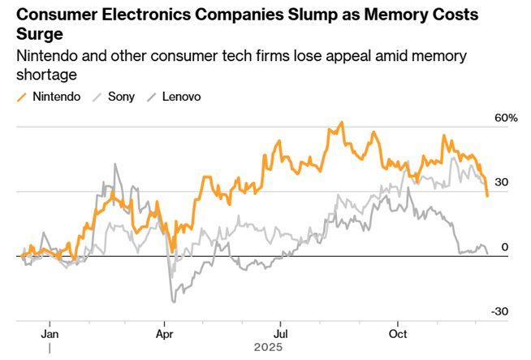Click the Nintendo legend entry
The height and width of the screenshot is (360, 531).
[x=57, y=97]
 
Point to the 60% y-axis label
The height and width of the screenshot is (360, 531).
[x=506, y=118]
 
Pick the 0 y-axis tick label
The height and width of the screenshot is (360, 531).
[x=504, y=247]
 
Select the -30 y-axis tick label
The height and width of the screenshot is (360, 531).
[x=500, y=312]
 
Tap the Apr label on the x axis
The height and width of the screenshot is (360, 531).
[x=165, y=333]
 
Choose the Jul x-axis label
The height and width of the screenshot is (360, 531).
[x=281, y=333]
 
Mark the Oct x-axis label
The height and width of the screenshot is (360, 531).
[x=398, y=333]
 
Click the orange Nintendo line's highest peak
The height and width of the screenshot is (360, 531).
[x=343, y=123]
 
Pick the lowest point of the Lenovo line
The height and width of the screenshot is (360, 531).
[x=172, y=302]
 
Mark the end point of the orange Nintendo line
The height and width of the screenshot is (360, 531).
[x=487, y=196]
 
